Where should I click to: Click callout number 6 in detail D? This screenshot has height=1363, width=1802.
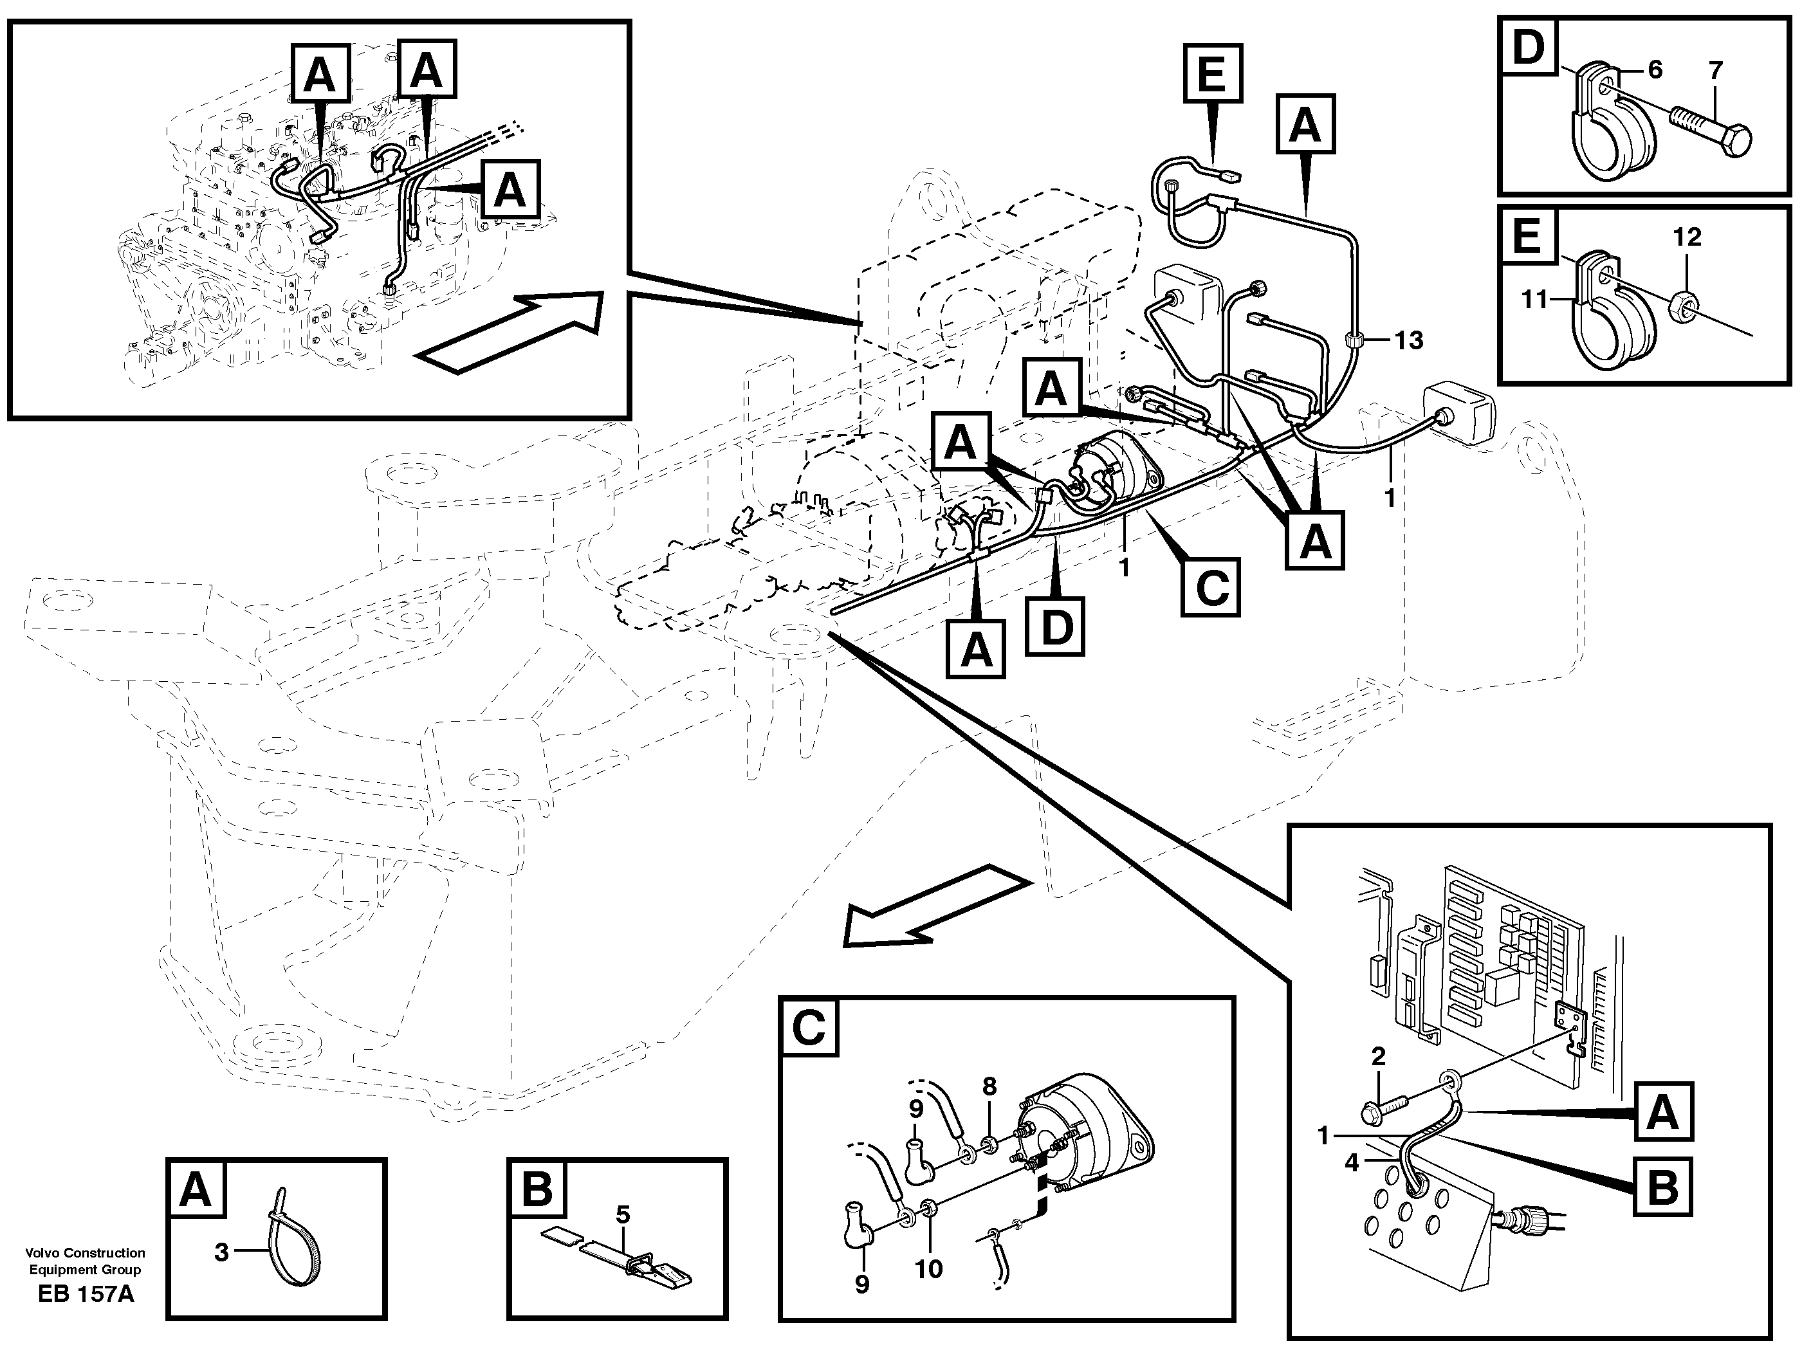(1655, 70)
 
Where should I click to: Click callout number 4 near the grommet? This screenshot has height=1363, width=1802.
(1352, 1164)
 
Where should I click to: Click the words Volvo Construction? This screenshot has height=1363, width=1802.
(85, 1253)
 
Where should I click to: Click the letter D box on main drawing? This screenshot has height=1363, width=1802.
(1055, 627)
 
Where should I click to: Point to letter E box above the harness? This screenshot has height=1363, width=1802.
(1212, 74)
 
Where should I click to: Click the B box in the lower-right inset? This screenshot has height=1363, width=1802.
(1662, 1186)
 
